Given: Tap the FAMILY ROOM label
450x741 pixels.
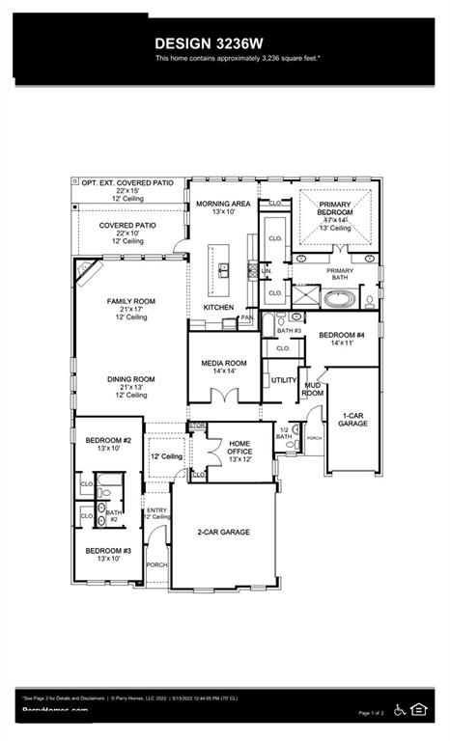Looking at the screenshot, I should tap(130, 301).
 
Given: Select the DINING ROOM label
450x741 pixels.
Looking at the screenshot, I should tap(130, 379).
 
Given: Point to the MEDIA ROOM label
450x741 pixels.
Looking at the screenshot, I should tap(224, 364).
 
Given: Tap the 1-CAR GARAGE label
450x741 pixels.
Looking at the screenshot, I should tap(352, 420).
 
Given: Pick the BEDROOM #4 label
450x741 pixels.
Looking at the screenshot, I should tap(331, 337).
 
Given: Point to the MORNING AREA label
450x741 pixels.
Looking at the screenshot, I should tap(223, 205).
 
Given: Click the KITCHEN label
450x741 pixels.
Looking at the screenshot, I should tap(217, 307).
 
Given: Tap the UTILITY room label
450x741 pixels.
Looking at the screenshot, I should tap(283, 380).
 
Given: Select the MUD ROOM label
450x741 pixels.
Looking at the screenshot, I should tap(313, 390).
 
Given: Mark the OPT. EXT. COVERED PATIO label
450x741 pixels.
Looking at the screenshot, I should tap(127, 182).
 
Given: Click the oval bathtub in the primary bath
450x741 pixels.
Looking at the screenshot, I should tap(339, 299).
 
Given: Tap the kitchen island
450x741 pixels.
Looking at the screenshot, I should tap(223, 269).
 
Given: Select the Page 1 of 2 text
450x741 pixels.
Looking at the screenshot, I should tap(371, 713).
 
